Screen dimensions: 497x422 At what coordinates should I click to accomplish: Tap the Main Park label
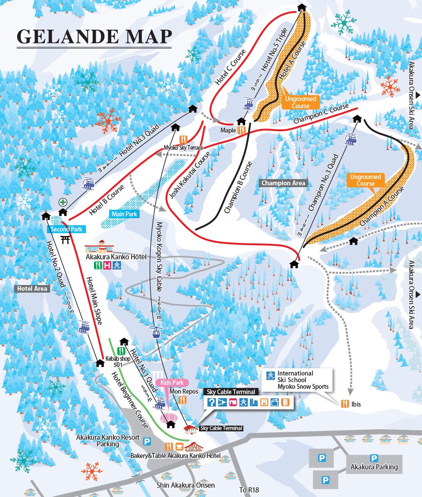(125, 214)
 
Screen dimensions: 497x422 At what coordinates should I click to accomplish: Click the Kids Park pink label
(174, 382)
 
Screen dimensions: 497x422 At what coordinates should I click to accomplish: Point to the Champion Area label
(283, 183)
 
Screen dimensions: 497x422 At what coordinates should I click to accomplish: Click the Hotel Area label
(32, 289)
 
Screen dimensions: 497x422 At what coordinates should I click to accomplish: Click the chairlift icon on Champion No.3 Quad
(352, 139)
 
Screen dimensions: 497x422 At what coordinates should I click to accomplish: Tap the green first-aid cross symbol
(63, 202)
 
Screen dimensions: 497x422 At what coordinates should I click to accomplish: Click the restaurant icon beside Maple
(242, 130)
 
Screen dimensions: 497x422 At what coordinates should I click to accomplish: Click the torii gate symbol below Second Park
(66, 240)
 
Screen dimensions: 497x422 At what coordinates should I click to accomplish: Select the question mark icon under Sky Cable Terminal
(212, 403)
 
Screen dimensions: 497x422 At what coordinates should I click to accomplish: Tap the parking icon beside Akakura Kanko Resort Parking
(147, 441)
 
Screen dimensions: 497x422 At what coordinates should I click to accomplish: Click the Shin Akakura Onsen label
(186, 485)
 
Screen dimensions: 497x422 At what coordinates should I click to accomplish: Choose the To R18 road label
(249, 490)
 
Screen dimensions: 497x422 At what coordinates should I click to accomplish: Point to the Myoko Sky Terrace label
(183, 148)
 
